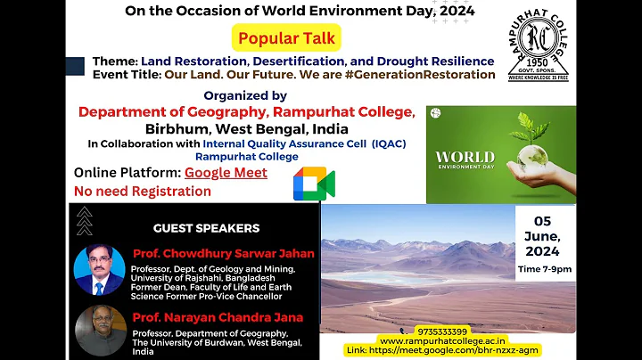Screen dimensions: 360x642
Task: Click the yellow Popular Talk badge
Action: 285,38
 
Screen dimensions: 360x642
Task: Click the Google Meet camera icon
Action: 314,184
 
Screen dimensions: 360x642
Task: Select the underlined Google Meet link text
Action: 226,173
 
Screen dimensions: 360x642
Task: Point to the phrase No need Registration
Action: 143,191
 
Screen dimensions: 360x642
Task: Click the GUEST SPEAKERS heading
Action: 206,228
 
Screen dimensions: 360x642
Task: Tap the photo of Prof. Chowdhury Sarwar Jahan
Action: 99,270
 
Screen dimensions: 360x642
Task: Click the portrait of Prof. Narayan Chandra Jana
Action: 99,331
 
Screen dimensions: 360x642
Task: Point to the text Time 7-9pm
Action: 545,268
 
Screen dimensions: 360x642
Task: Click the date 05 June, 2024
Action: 543,236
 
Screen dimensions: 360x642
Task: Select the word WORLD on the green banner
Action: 465,158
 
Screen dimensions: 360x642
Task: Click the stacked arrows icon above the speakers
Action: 84,220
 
